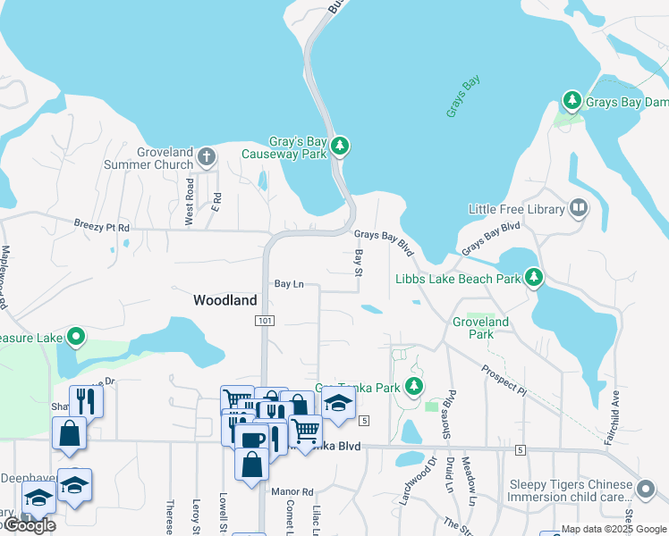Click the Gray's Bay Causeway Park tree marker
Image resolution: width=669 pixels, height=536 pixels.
click(339, 146)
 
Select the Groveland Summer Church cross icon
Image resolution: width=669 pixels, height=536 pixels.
click(207, 157)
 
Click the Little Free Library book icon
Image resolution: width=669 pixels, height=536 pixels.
click(579, 209)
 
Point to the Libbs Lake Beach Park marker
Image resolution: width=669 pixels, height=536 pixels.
click(534, 278)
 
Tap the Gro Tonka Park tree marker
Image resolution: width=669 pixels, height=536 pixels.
click(413, 387)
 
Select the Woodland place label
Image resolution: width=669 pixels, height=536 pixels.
click(225, 301)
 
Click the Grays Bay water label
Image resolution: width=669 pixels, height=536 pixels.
click(463, 96)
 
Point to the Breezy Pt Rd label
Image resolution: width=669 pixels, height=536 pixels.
click(102, 228)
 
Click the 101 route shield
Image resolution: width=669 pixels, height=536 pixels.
click(264, 321)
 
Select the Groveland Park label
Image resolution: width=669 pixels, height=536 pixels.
click(480, 328)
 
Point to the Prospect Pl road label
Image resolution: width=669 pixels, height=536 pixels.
click(504, 378)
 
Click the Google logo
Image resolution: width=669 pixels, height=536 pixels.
click(30, 525)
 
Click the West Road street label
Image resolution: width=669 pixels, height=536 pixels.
click(189, 201)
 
